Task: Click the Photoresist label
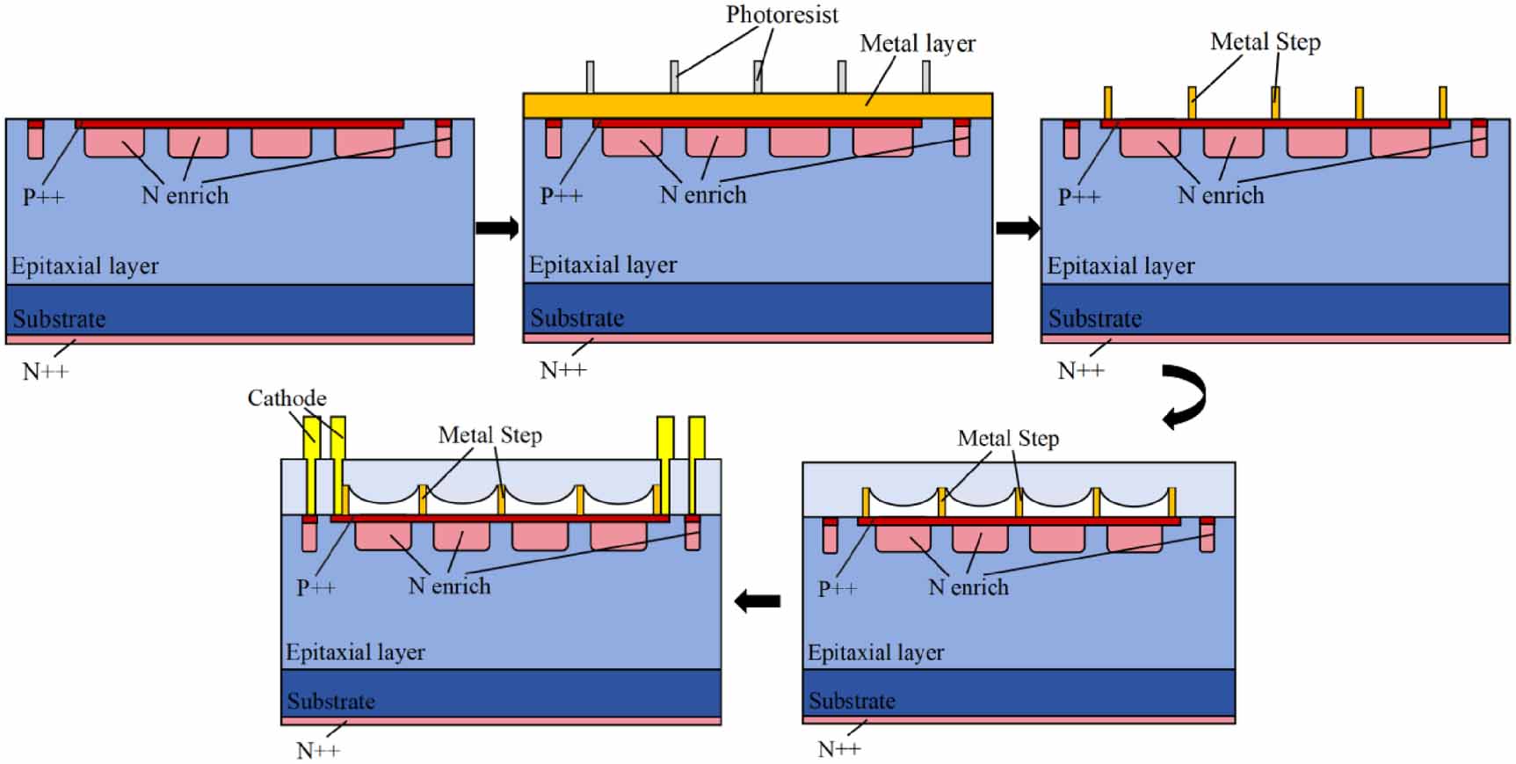click(781, 15)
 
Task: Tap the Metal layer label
click(918, 43)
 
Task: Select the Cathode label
click(287, 398)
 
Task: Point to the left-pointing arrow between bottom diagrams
click(757, 601)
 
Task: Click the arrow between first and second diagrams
click(497, 228)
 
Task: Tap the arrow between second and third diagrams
click(1018, 228)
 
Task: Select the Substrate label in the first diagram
click(59, 318)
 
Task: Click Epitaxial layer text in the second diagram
click(603, 265)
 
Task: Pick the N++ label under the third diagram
click(1080, 371)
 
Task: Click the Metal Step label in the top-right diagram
click(1266, 41)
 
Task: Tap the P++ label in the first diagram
click(43, 196)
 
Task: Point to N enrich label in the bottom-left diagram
click(449, 586)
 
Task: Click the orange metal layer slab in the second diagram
click(758, 106)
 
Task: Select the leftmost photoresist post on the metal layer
click(590, 77)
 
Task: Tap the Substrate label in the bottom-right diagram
click(852, 701)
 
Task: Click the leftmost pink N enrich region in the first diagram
click(114, 142)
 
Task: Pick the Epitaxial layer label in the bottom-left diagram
click(355, 652)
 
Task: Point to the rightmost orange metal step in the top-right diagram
click(1443, 104)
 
